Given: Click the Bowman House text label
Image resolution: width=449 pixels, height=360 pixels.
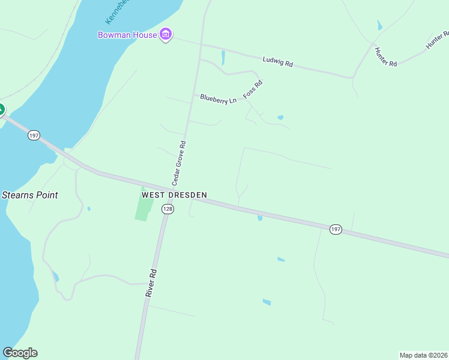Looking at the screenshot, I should pos(128,35).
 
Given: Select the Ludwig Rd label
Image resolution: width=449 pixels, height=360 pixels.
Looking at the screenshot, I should pos(277,61).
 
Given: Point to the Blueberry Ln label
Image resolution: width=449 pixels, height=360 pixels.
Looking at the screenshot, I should pos(218,98).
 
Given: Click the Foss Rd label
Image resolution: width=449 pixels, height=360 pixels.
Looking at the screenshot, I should pos(253,90).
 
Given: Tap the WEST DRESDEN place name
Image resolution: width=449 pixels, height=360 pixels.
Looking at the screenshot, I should pos(174,195).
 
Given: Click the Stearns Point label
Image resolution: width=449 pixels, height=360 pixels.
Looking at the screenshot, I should pos(29,195).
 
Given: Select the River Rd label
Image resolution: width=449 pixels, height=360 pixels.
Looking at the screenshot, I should pos(151,282).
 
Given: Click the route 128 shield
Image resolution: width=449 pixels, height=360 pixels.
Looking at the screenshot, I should pos(167,209).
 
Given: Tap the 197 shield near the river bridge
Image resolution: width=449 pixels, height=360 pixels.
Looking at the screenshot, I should pos(34,136).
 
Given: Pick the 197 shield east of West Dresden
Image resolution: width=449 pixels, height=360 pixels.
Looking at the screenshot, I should pos(336,230).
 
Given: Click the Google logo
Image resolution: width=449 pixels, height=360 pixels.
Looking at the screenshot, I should pos(20,353).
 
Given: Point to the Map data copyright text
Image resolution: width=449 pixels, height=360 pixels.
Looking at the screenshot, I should pos(424,355).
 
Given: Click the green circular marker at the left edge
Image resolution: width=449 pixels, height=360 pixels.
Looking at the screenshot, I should pos(1,110).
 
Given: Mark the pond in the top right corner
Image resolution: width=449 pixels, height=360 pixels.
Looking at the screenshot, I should pos(379,25).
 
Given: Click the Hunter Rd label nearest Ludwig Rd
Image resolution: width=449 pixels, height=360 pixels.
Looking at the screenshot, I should pos(385,56).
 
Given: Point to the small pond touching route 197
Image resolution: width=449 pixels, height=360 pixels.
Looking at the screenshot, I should pos(260,218).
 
